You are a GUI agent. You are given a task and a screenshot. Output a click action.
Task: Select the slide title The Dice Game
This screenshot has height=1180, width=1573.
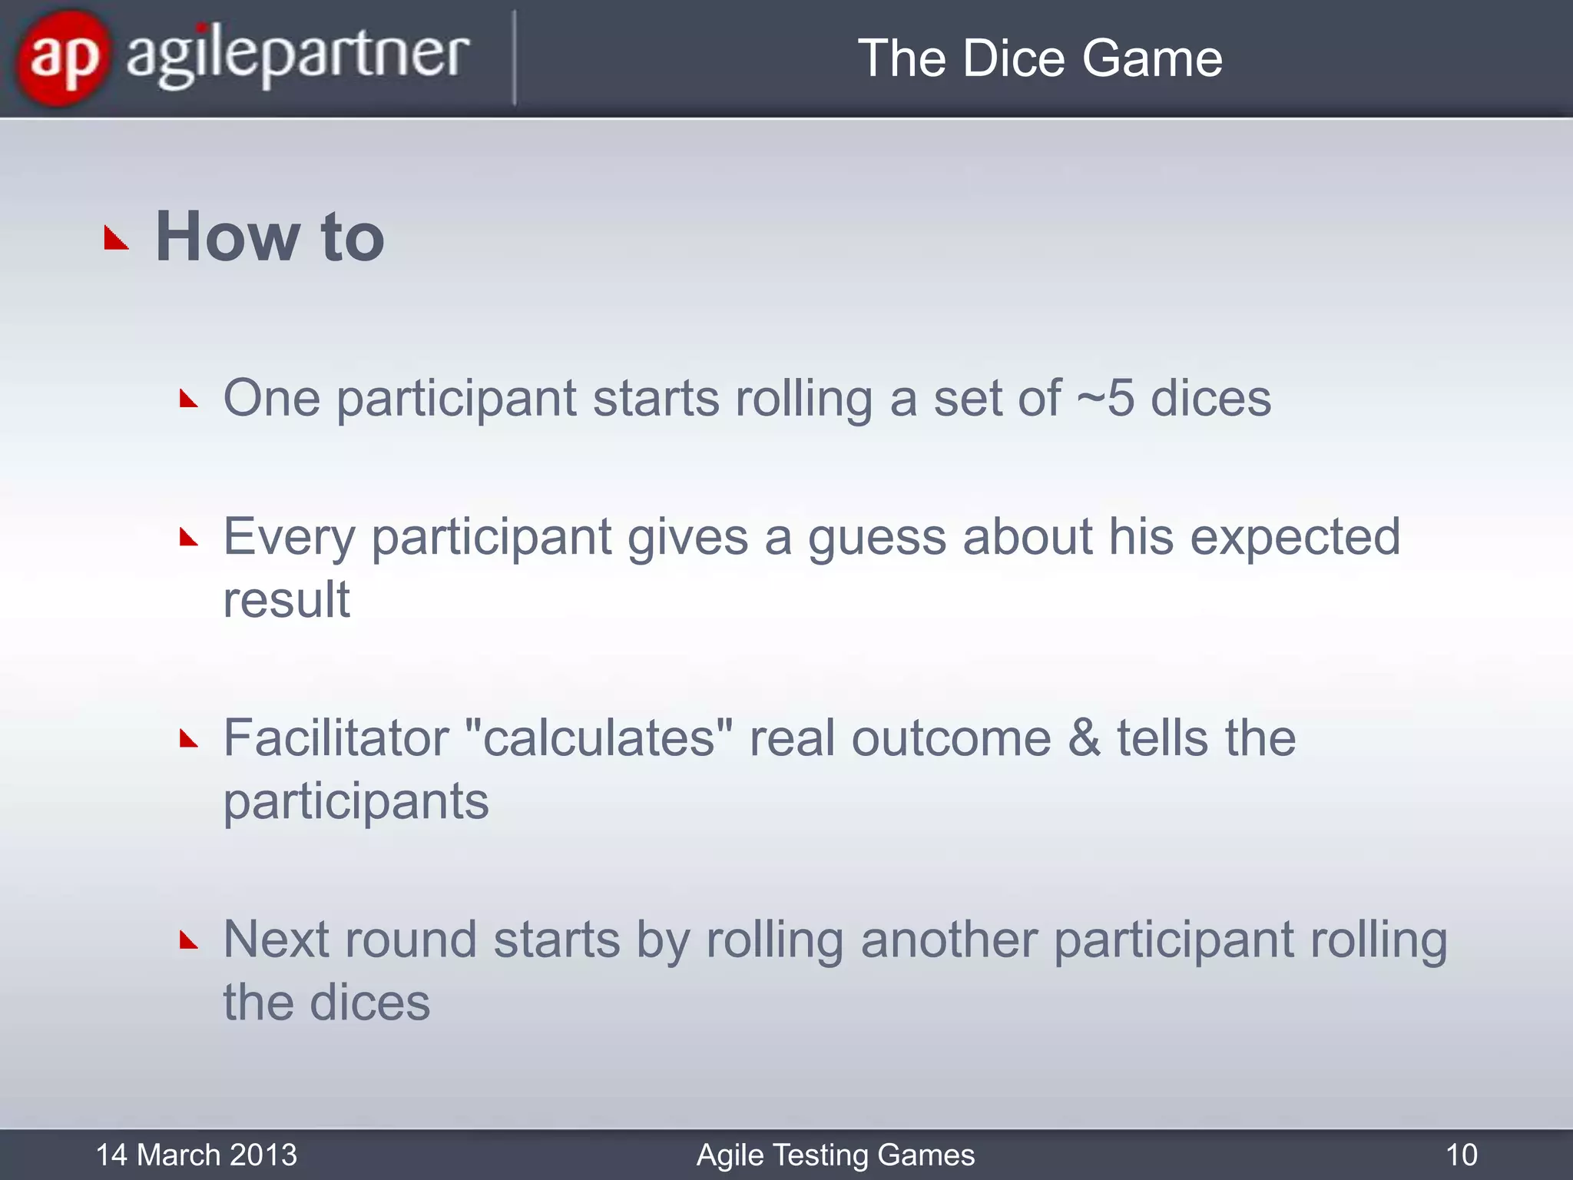1039,58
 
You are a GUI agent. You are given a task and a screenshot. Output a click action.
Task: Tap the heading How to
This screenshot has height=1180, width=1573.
270,237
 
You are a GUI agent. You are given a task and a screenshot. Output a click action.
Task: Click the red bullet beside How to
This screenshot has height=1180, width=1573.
116,239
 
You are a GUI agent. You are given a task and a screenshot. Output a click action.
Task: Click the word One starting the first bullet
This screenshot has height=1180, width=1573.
271,398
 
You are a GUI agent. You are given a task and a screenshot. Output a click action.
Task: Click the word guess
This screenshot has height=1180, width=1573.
877,537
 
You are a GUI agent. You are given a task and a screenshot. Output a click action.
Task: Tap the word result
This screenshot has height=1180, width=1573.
286,599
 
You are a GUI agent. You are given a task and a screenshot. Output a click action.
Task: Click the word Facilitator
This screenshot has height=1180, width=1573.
336,738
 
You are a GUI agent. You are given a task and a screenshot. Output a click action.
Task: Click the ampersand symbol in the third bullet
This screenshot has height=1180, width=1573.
1084,738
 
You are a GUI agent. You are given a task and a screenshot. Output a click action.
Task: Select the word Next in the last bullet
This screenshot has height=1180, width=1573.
276,940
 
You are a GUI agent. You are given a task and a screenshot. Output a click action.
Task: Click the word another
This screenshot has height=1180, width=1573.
949,940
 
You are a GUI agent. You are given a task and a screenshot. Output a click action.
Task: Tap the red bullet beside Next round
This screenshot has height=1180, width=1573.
189,940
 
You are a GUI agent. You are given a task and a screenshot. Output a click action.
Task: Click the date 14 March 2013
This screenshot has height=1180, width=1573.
196,1155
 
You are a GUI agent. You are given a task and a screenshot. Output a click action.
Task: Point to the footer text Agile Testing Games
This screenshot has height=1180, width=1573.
835,1155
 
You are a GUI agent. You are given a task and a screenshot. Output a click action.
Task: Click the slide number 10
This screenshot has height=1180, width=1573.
1461,1155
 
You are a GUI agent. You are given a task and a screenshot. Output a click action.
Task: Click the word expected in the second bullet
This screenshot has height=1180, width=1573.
1295,537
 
